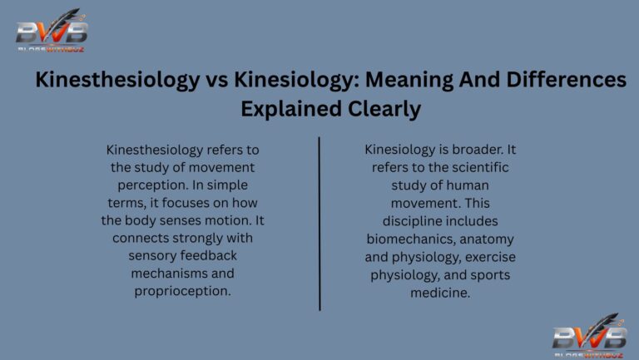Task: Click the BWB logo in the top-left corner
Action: pos(52,32)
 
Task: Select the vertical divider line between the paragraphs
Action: pos(319,223)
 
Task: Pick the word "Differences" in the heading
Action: pos(564,81)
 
